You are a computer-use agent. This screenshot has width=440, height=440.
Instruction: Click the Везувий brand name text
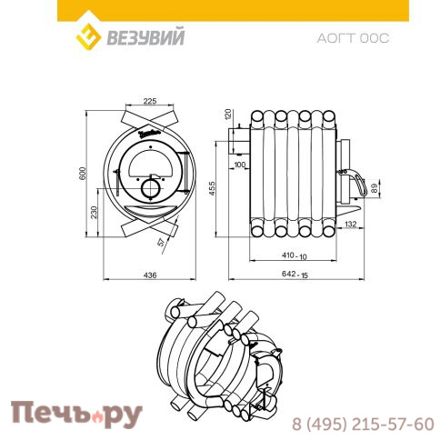pos(145,37)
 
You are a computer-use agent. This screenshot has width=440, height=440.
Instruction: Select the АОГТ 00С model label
pos(353,38)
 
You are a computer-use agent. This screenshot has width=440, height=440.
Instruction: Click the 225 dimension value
pos(150,101)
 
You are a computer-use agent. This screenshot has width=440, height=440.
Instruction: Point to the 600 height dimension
pos(83,173)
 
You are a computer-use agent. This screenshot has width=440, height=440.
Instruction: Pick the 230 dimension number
pos(94,212)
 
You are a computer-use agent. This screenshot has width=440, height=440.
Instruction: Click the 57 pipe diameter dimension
pos(162,242)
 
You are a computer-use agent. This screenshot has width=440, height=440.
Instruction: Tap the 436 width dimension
pos(150,275)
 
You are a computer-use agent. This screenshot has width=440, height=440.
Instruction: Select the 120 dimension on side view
pos(228,114)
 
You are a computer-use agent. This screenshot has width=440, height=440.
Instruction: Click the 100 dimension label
pos(240,165)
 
